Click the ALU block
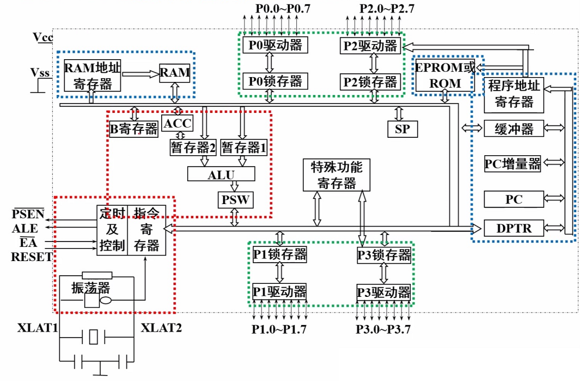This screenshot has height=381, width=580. click(x=221, y=174)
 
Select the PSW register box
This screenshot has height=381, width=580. click(x=234, y=200)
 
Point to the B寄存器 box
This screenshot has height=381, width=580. click(x=133, y=129)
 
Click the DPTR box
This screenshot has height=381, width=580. click(x=513, y=228)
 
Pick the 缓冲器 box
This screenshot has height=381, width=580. click(x=513, y=129)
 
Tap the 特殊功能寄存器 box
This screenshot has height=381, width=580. click(x=336, y=174)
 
